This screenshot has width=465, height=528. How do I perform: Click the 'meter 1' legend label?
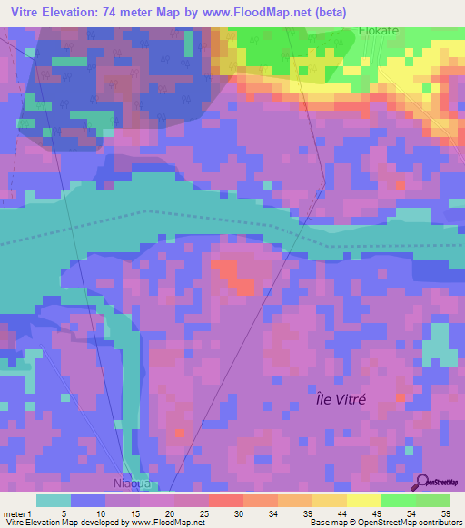17,513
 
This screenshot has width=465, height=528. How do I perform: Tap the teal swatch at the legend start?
54,500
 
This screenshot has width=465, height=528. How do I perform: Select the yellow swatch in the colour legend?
364,500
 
